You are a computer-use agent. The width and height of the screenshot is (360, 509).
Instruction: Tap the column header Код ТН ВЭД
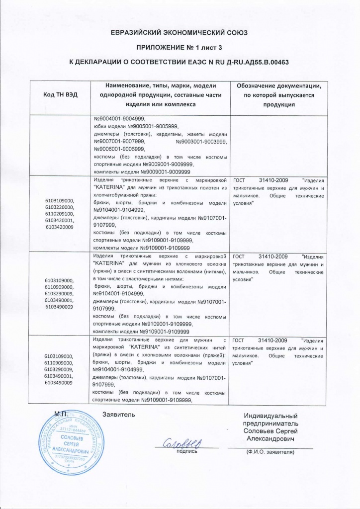pos(61,94)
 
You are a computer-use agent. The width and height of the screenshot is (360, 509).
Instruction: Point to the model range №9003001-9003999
pos(201,142)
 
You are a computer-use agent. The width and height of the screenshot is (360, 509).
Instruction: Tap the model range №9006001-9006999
pos(119,149)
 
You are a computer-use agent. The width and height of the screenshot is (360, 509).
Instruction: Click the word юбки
pos(100,126)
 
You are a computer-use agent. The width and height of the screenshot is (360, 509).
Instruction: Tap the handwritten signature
pos(182,441)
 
